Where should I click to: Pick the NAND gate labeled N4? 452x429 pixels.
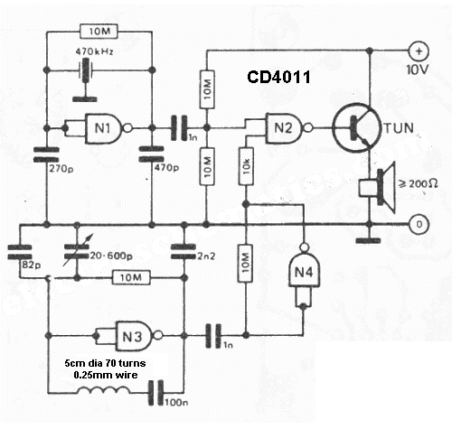coord(304,269)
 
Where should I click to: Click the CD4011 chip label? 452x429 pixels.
coord(278,77)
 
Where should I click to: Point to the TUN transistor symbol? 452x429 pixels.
coord(355,128)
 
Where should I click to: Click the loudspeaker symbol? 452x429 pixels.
coord(377,187)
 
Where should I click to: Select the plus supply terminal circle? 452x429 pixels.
coord(419,51)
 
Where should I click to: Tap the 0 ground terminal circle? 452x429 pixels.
coord(419,224)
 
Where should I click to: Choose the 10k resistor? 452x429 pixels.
coord(246,166)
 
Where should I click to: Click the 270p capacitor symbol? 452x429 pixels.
coord(46,154)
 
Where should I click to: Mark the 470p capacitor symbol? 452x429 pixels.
coord(152,154)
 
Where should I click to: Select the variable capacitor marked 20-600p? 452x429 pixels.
coord(77,251)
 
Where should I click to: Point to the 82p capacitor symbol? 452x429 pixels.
coord(20,252)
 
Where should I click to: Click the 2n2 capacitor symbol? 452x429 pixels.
coord(184,252)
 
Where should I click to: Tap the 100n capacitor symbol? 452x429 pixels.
coord(155,393)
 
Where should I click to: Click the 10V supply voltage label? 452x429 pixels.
coord(418,70)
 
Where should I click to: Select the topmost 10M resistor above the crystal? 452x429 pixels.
coord(99,32)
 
